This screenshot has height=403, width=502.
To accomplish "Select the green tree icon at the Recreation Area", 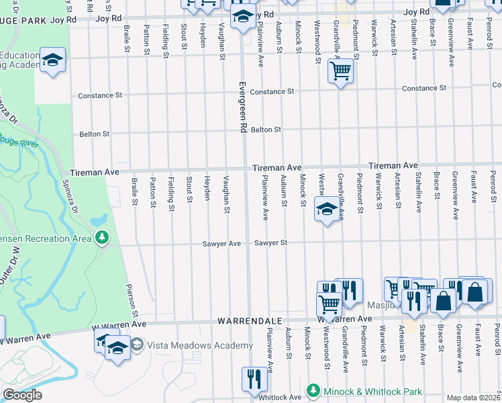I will (102, 237).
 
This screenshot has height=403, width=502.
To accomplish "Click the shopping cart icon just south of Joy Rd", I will (341, 71).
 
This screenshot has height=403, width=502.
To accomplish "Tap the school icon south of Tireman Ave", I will (327, 210).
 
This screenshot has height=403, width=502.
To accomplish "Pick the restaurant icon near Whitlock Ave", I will (254, 378).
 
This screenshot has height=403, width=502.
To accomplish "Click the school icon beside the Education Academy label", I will (52, 60).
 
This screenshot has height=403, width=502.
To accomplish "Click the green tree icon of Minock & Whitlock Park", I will (313, 390).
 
